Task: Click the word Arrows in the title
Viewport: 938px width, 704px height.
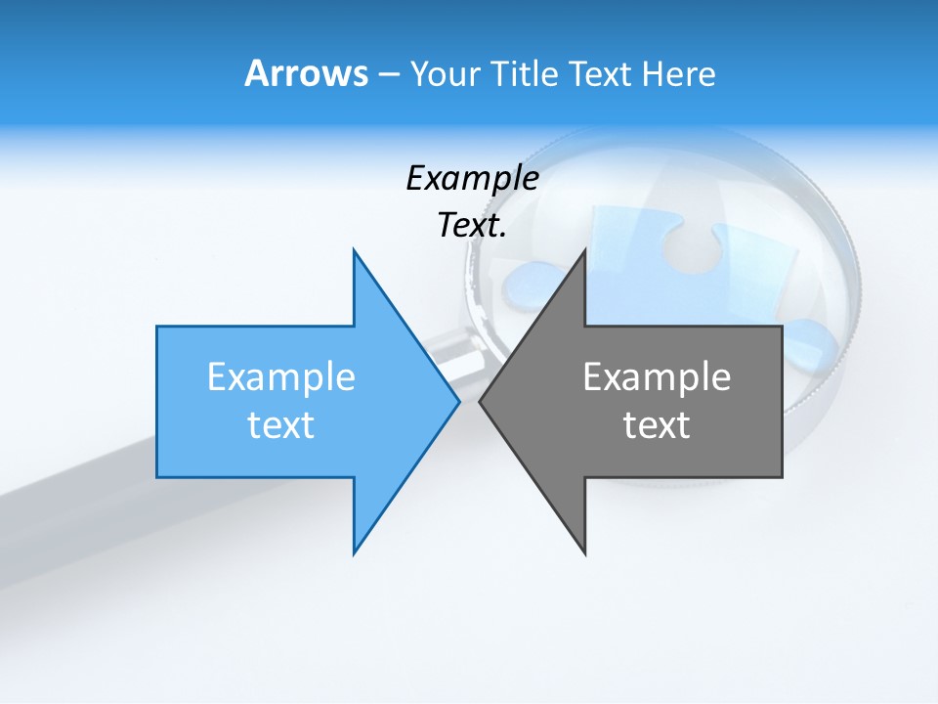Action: [306, 74]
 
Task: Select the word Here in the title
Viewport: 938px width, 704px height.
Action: [678, 74]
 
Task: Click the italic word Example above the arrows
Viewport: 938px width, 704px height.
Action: [472, 179]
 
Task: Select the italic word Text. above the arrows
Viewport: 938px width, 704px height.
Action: [472, 226]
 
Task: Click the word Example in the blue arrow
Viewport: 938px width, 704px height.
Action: [281, 377]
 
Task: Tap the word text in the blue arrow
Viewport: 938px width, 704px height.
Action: [281, 425]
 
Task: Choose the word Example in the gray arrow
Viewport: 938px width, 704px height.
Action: [657, 377]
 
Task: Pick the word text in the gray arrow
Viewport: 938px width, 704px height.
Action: [657, 425]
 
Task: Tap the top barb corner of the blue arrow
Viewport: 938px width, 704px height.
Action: [355, 252]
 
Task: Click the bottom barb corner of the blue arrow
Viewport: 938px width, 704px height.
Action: [355, 551]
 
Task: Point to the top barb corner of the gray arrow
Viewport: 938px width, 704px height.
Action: [584, 252]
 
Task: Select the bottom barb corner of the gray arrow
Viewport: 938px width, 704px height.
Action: [584, 551]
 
